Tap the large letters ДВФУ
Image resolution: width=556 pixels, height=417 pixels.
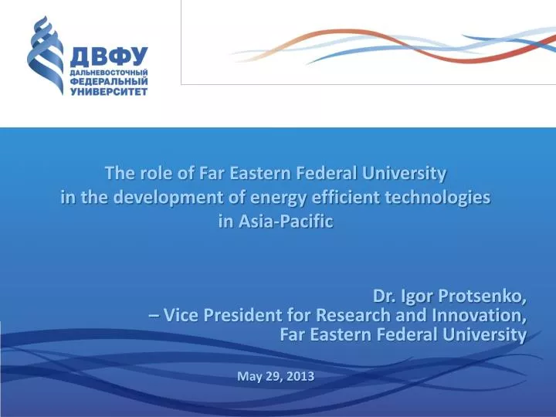point(109,56)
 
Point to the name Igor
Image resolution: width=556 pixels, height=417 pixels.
point(422,297)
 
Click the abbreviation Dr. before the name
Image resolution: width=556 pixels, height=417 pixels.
point(386,297)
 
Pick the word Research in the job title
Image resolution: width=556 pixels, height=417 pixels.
point(354,315)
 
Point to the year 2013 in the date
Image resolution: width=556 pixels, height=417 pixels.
point(299,376)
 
